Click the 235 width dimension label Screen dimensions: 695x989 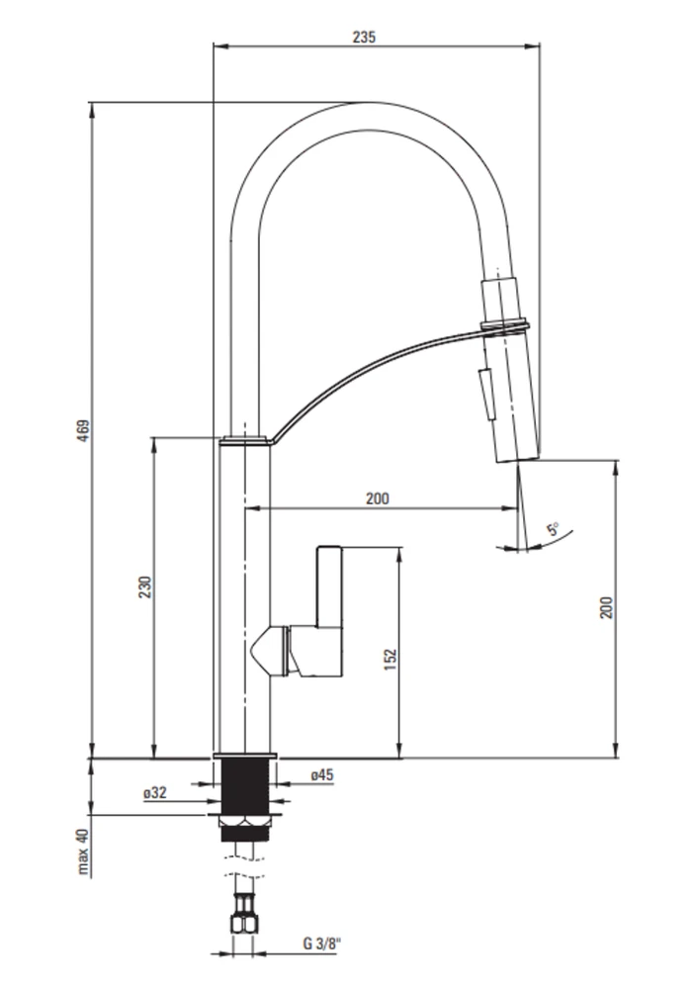(364, 38)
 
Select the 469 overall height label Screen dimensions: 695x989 (84, 430)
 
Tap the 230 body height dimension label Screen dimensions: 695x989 (145, 586)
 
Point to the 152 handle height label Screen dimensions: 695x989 (391, 659)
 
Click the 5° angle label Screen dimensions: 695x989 (554, 528)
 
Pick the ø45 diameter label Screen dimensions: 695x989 (322, 775)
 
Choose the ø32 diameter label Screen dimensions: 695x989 (155, 793)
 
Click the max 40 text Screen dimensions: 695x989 (84, 852)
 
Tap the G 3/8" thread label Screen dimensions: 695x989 (321, 944)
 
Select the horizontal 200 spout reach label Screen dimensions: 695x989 (377, 498)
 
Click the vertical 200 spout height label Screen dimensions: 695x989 (606, 607)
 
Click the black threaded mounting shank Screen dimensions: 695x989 (245, 788)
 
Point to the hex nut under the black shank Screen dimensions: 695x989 (245, 821)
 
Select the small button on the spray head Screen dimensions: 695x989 (485, 392)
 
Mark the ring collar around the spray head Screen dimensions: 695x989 (504, 326)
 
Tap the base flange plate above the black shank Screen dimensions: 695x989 (245, 756)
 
